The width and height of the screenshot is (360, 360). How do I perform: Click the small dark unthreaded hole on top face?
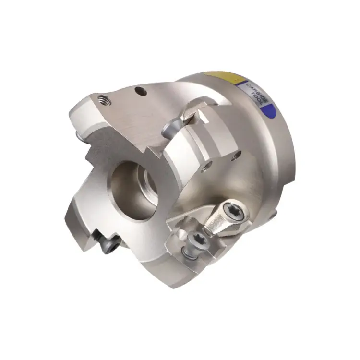pos(140,89)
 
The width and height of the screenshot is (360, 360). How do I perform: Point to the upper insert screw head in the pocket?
pos(171,128)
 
